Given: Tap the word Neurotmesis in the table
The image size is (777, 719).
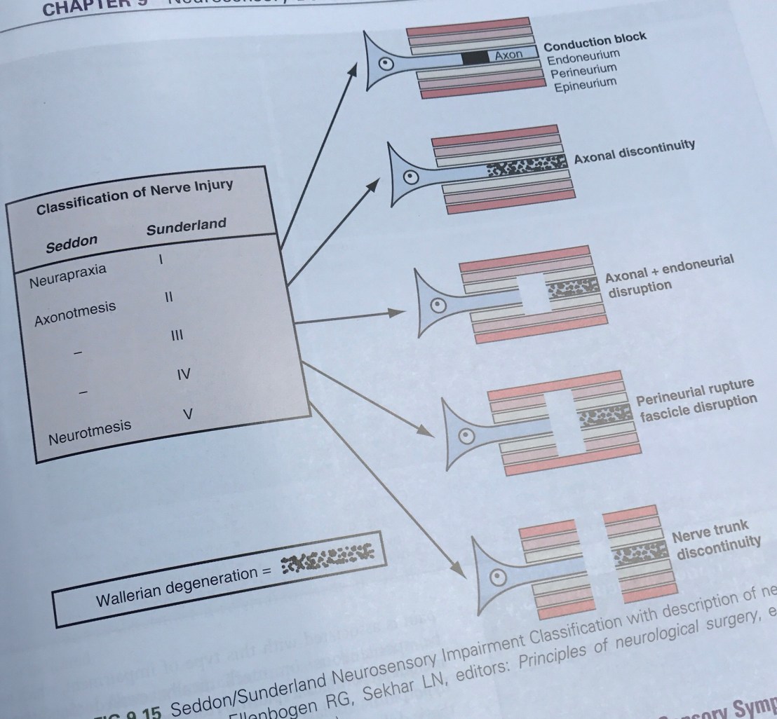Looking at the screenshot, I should pos(90,430).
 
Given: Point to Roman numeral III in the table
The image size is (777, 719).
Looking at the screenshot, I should pos(176,336).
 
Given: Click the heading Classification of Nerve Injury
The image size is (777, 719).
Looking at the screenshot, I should pos(135,197).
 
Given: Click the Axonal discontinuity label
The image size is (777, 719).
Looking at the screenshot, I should pos(635,151).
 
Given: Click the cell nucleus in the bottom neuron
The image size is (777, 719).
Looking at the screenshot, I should pos(499,576).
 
